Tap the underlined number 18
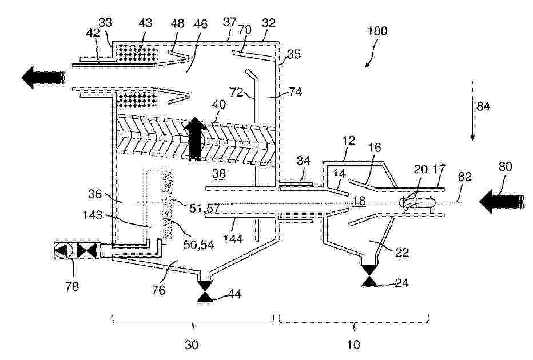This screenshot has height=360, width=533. pyautogui.click(x=359, y=200)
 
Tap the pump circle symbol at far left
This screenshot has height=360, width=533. pyautogui.click(x=61, y=250)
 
